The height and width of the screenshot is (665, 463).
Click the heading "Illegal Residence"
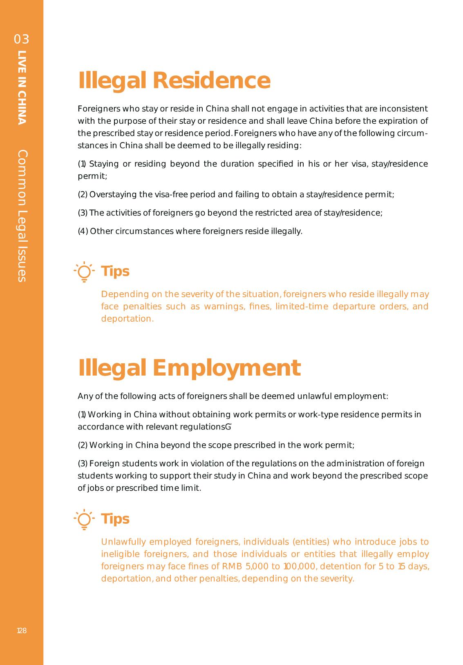[174, 80]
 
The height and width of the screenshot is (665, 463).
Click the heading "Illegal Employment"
[189, 368]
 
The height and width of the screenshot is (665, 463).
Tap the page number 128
[22, 631]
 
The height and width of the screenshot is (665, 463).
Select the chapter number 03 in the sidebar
[22, 39]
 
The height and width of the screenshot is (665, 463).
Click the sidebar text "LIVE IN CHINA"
[22, 87]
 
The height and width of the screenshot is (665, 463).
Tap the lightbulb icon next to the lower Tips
[84, 519]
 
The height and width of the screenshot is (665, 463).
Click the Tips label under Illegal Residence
[115, 271]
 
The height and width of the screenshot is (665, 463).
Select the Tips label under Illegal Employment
[115, 519]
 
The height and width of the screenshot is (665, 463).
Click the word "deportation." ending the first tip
[127, 319]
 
